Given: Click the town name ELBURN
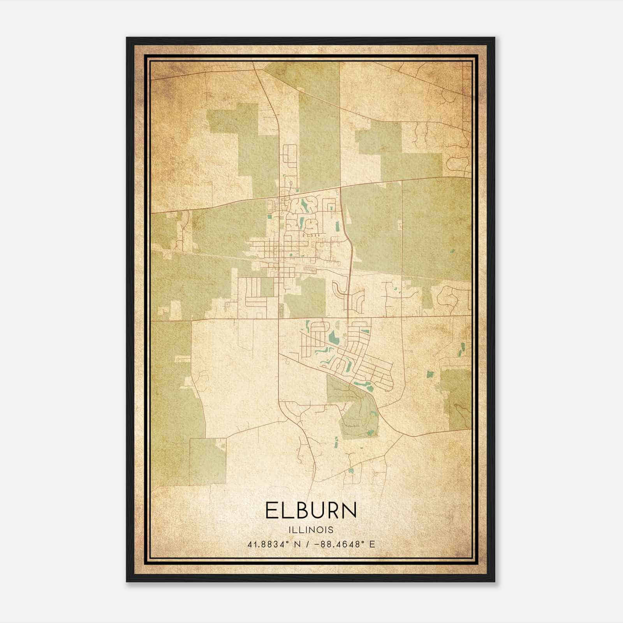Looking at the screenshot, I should (311, 510).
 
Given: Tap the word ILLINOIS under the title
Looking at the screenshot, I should (311, 530).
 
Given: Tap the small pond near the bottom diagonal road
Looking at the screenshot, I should (351, 470).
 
